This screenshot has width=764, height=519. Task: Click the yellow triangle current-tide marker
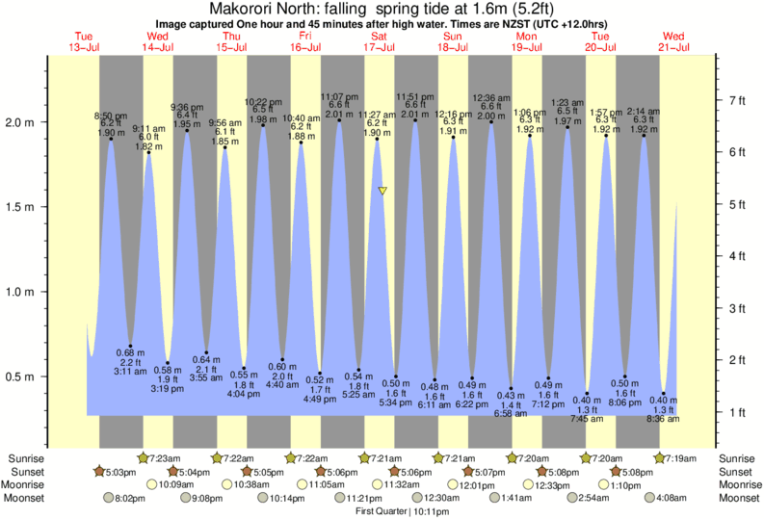[x=382, y=191]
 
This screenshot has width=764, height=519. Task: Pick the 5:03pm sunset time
[x=119, y=472]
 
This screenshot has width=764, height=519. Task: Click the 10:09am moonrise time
[x=196, y=485]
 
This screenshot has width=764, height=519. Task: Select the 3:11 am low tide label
[x=130, y=371]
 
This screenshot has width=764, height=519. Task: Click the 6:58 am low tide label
[x=511, y=413]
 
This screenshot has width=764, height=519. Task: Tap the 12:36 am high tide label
[x=491, y=97]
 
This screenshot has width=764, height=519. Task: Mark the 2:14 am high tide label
[x=644, y=112]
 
